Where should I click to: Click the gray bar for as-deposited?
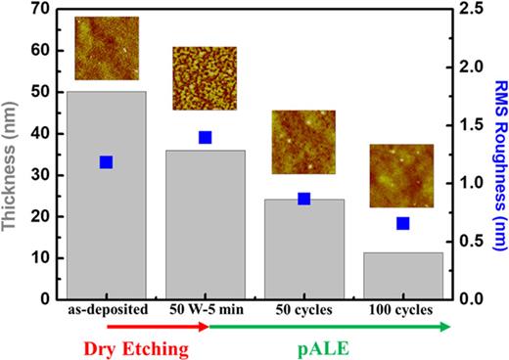click(x=108, y=196)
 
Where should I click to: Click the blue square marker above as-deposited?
click(x=107, y=162)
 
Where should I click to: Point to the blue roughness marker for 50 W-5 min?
click(x=206, y=138)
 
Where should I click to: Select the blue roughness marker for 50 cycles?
click(x=303, y=199)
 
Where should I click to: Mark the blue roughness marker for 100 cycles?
click(x=402, y=223)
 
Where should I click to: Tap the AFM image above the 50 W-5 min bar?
click(x=205, y=79)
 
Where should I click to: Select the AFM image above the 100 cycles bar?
click(x=401, y=176)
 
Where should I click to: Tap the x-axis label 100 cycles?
click(x=402, y=310)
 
